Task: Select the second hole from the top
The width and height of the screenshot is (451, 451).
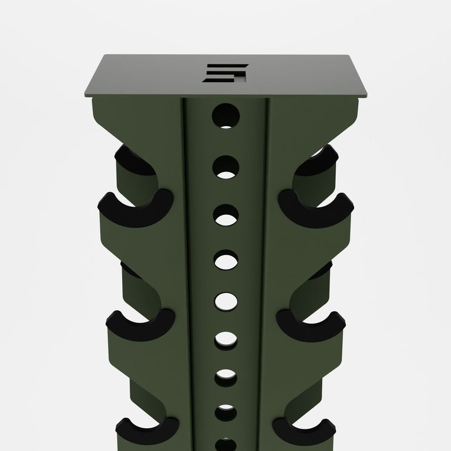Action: tap(225, 166)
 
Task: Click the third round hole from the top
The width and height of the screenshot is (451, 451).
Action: tap(225, 216)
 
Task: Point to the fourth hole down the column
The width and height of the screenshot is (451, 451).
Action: tap(225, 260)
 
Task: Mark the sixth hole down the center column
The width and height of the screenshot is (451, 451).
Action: tap(225, 339)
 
